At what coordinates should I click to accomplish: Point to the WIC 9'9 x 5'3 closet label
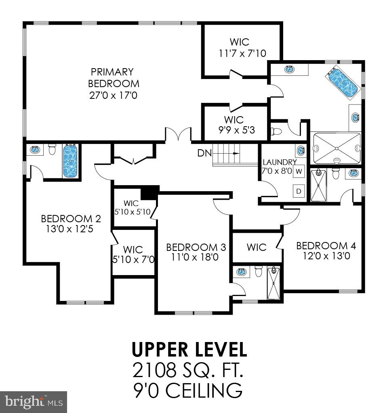[234, 125]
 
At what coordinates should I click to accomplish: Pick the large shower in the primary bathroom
[337, 148]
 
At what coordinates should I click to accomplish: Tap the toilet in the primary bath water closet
[277, 131]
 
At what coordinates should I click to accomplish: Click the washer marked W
[299, 171]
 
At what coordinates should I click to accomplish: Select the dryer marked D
[299, 191]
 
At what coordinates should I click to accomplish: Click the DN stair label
[204, 153]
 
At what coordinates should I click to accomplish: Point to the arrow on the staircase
[234, 154]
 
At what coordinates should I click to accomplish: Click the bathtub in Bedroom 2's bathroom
[70, 161]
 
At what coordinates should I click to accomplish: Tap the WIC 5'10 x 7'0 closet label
[133, 254]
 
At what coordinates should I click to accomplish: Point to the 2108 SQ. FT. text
[189, 370]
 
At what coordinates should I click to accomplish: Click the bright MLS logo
[33, 402]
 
